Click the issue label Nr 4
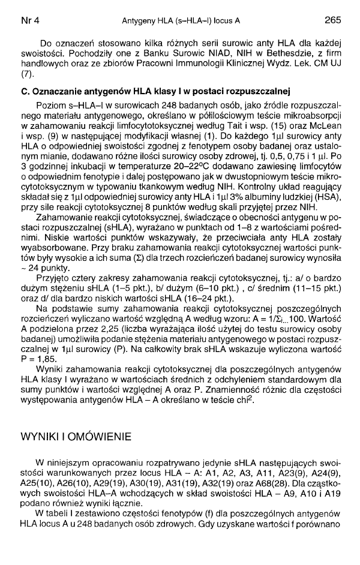pos(29,20)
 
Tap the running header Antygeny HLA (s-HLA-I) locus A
pos(181,20)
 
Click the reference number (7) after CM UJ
pos(26,75)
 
